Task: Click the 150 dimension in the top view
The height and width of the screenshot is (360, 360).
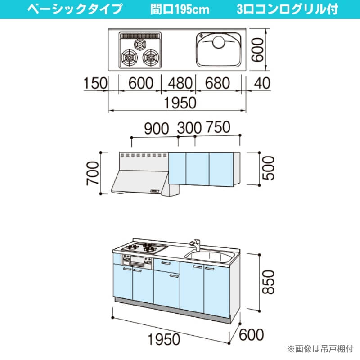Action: (x=95, y=83)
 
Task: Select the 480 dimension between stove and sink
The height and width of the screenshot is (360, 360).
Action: (x=180, y=83)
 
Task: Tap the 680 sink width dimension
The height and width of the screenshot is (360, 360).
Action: (x=217, y=83)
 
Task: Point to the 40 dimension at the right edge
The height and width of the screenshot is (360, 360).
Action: (x=262, y=83)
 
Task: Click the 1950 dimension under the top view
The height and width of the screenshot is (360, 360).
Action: (x=180, y=103)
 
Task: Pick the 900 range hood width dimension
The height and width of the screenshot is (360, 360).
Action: (x=156, y=129)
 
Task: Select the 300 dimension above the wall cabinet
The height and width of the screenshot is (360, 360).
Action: (x=189, y=128)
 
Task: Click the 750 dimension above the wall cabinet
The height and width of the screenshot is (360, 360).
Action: (x=218, y=127)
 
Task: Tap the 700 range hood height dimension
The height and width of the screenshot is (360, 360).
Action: (x=93, y=173)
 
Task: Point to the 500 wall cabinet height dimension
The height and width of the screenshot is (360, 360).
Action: (x=268, y=168)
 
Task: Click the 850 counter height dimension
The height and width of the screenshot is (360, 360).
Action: (x=268, y=282)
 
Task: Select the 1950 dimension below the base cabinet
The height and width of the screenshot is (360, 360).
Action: (x=164, y=339)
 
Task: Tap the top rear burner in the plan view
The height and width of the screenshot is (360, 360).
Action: (x=140, y=44)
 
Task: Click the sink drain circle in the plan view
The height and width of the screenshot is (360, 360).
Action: (x=218, y=42)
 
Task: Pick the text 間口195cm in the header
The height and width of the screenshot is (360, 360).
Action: (x=180, y=9)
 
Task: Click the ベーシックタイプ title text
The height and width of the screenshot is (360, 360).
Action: (x=75, y=9)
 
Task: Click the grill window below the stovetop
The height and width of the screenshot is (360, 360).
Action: (x=137, y=260)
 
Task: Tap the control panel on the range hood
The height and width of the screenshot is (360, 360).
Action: (x=155, y=191)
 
